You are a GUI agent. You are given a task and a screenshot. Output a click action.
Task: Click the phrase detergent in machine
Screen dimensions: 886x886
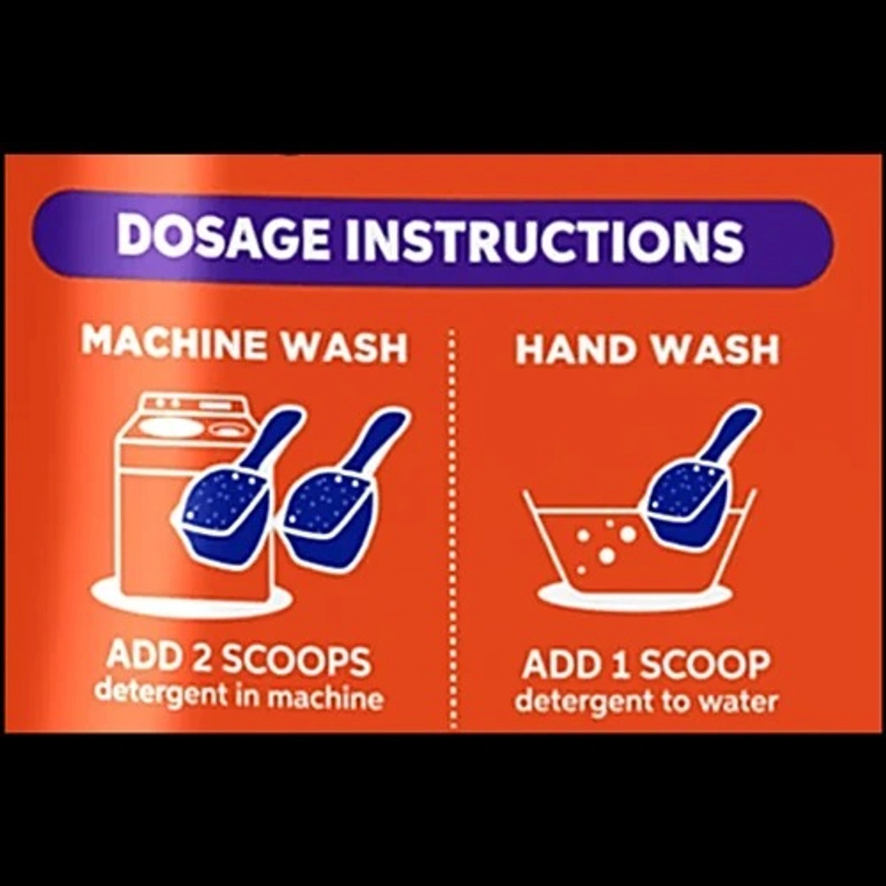tap(240, 696)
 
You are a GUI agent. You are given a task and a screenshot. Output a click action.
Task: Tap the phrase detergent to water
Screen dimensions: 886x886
tap(646, 701)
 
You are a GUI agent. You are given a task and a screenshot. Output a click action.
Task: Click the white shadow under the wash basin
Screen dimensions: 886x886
tap(635, 595)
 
